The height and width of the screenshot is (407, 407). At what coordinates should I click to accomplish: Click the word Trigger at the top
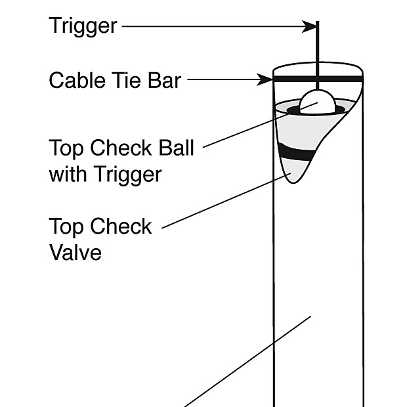click(83, 26)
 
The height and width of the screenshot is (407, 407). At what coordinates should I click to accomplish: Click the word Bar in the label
click(164, 81)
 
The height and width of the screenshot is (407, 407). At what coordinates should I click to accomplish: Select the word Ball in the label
click(176, 147)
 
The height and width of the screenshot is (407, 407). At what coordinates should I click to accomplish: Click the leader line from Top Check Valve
click(223, 203)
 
